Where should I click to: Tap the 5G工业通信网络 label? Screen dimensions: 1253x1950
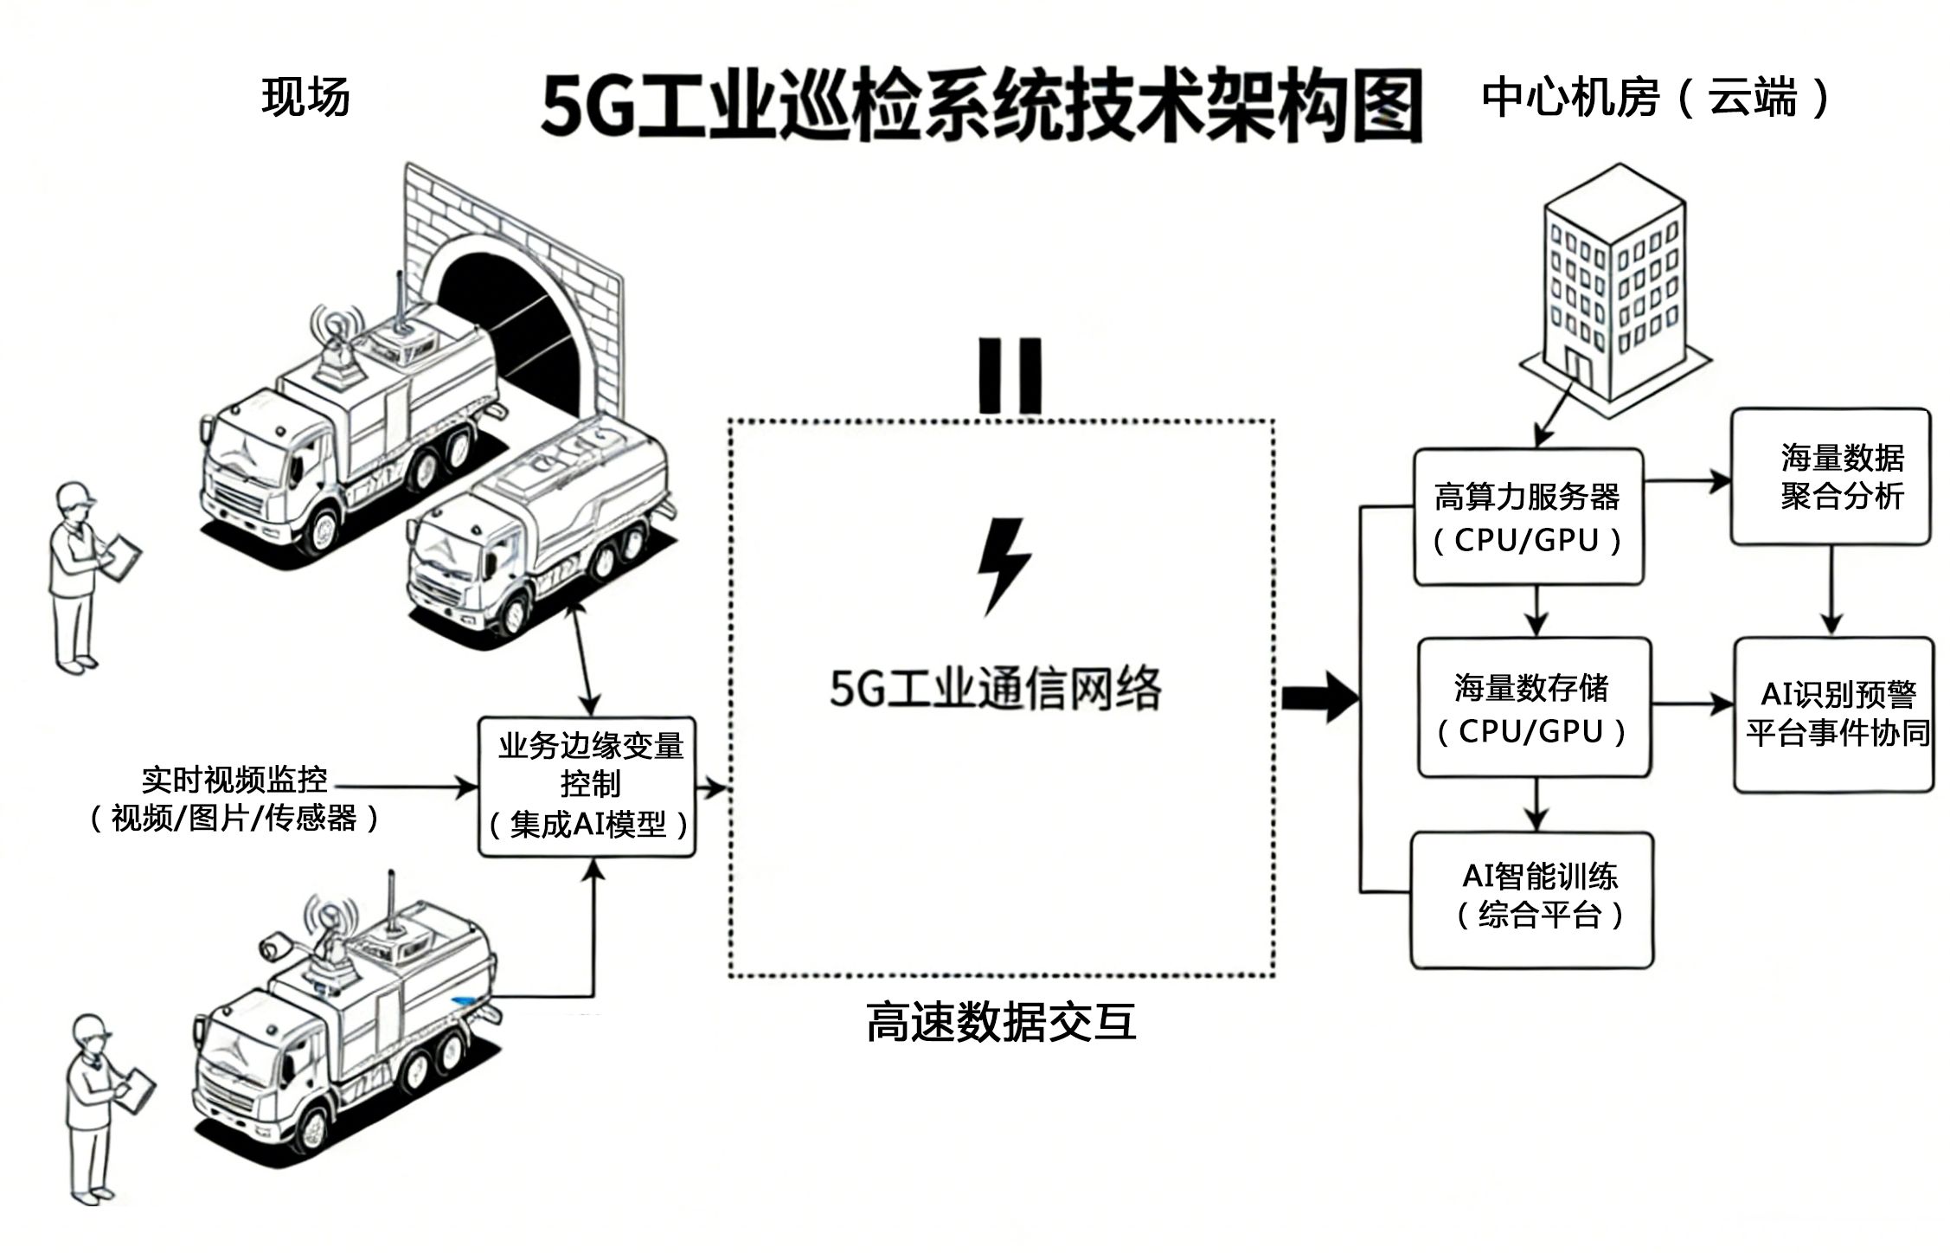click(x=996, y=690)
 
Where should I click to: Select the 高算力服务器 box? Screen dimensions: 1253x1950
click(x=1528, y=517)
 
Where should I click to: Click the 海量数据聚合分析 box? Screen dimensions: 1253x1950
click(x=1831, y=477)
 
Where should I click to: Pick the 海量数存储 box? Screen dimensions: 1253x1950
click(x=1534, y=708)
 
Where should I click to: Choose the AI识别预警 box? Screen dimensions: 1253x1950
click(x=1834, y=714)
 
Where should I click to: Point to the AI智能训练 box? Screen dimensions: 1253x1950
click(x=1532, y=899)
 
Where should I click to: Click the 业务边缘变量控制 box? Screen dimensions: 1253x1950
click(x=587, y=787)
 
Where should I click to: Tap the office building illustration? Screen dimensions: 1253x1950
click(x=1614, y=286)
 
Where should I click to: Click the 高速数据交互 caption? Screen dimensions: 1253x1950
click(x=1001, y=1022)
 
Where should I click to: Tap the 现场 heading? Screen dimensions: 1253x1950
click(x=306, y=97)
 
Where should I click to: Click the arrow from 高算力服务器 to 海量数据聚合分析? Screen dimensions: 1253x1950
click(x=1686, y=481)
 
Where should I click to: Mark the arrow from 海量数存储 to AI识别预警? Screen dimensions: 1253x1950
click(x=1692, y=704)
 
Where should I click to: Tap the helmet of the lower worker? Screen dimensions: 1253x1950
click(x=90, y=1028)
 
